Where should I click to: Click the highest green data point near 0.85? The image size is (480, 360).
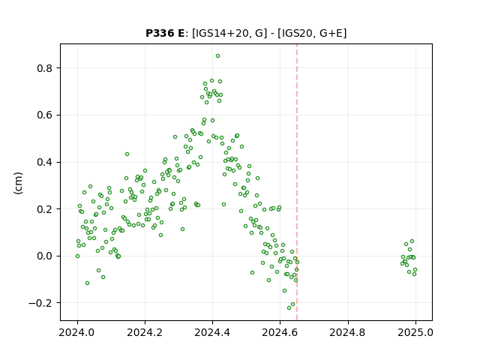point(217,56)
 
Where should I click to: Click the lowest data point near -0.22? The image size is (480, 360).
point(289,307)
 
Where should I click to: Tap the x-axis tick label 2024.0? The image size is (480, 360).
point(77,332)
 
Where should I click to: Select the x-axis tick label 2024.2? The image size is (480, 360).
point(145,332)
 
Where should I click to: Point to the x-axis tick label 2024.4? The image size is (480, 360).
point(212,332)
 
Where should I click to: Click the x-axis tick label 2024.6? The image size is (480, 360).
point(280,332)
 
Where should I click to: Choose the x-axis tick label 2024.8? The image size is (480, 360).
point(347,332)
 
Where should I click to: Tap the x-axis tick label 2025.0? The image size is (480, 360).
point(415,332)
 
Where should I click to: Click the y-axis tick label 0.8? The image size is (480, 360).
point(45,68)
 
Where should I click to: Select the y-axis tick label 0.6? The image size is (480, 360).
point(45,115)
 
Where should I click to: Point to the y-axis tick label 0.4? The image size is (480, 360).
point(45,162)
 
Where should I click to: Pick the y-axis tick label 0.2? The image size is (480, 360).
point(45,209)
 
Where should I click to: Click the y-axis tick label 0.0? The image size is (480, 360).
point(45,256)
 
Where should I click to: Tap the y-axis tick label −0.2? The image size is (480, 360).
point(40,303)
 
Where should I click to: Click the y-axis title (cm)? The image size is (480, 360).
point(18,183)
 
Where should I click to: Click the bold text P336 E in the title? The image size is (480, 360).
point(165,33)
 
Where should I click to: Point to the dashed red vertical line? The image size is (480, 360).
point(297,182)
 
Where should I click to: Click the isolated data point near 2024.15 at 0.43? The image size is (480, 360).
point(127,154)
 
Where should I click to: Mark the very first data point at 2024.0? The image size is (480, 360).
point(77,256)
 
